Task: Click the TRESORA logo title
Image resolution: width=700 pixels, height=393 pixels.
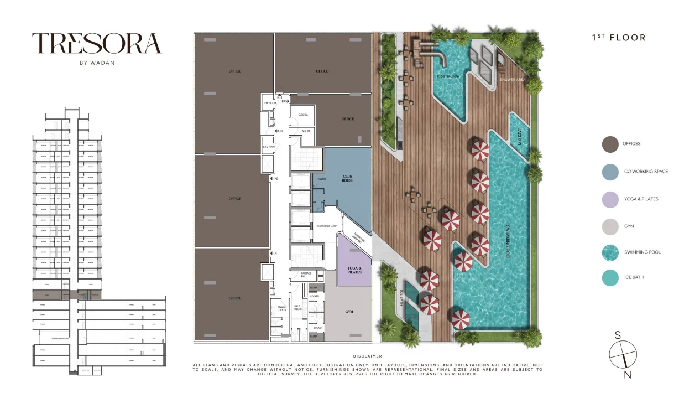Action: coord(96,44)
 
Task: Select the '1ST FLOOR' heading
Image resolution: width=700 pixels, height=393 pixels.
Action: coord(618,38)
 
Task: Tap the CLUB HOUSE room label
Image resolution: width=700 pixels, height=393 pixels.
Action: coord(347,178)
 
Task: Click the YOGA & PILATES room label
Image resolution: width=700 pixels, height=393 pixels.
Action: coord(354,271)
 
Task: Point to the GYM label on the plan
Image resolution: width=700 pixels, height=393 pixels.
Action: coord(349,312)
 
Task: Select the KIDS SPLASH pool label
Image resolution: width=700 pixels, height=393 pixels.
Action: coord(448,76)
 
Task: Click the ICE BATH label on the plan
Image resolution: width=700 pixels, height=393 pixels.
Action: coord(402,299)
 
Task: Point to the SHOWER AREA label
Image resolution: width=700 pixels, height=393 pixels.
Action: coord(512,80)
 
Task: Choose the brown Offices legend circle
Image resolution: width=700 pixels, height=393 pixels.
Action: coord(610,144)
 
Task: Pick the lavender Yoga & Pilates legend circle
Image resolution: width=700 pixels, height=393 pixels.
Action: coord(610,199)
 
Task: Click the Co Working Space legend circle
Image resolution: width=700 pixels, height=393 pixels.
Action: coord(610,172)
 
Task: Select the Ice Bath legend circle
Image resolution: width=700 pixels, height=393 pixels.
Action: coord(610,277)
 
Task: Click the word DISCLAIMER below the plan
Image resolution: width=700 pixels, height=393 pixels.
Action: coord(367,356)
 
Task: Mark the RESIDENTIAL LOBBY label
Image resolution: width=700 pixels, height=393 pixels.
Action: coord(327,226)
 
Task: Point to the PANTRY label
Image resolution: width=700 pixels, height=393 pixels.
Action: coord(322,179)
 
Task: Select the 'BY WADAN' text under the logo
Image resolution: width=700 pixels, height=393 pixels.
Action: coord(97,63)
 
